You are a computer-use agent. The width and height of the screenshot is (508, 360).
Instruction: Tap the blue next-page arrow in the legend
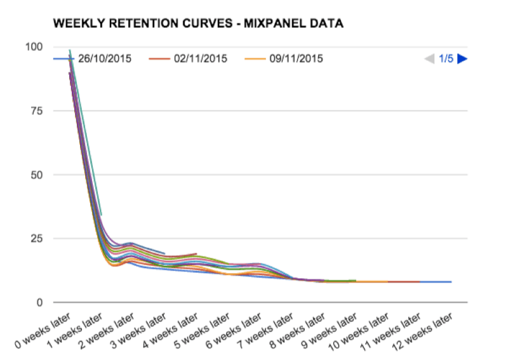(462, 59)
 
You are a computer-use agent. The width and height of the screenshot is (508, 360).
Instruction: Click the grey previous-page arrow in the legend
(429, 59)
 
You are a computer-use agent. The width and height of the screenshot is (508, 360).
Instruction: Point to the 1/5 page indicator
(446, 59)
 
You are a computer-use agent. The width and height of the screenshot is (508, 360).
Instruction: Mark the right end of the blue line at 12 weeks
(451, 282)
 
